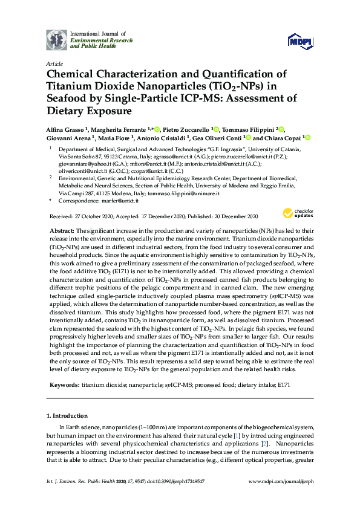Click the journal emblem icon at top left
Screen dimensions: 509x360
coord(57,39)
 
